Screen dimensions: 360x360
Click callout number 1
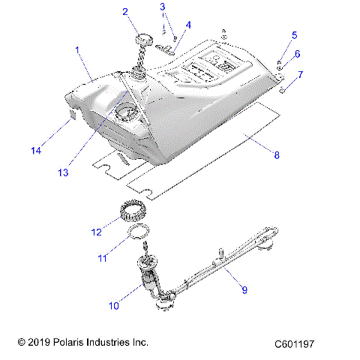coord(76,49)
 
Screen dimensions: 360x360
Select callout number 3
coord(162,7)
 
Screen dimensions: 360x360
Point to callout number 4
coord(188,25)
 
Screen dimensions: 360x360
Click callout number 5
coord(294,34)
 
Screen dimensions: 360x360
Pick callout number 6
coord(297,54)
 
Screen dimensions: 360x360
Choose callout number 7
coord(300,74)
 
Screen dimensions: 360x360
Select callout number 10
coord(115,306)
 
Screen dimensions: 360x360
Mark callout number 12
coord(96,232)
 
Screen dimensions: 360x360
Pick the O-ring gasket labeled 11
coord(136,232)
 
